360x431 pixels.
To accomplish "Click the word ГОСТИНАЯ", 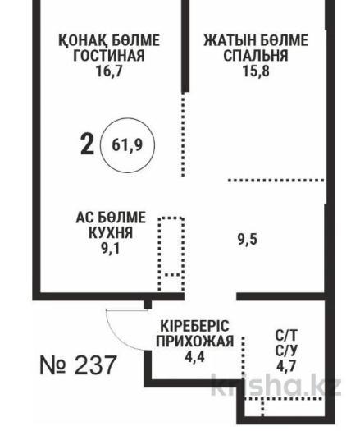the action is click(109, 55).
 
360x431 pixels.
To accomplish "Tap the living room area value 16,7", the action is click(109, 71).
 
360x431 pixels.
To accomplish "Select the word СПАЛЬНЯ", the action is click(256, 55).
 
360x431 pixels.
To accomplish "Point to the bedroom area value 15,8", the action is click(256, 71).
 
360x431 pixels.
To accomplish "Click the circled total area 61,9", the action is click(127, 145).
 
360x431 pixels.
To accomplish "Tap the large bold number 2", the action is click(87, 144).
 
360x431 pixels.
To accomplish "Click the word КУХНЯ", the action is click(111, 233).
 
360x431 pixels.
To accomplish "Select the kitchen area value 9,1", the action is click(111, 249).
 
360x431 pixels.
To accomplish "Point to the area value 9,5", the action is click(248, 239).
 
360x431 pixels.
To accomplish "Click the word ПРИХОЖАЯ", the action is click(195, 342).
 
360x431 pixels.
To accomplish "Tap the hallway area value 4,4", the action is click(194, 357).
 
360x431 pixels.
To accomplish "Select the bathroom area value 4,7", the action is click(286, 366).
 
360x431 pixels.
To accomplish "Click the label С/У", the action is click(286, 351).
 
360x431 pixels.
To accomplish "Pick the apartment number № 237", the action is click(78, 365).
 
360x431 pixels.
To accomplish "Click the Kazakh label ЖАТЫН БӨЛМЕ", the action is click(256, 40).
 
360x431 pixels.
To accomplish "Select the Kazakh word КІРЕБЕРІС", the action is click(194, 326).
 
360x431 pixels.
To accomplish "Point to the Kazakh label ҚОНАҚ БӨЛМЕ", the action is click(109, 40).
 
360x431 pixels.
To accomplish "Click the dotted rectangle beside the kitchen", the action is click(171, 254).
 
